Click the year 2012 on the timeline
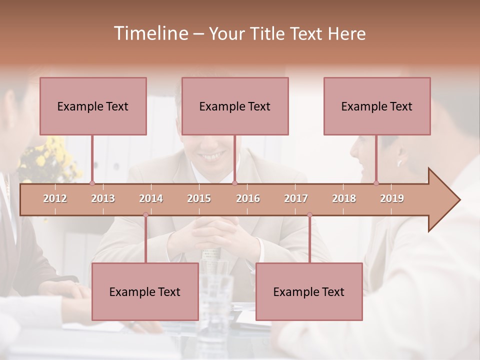point(55,198)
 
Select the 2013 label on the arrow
point(103,198)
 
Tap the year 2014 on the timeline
point(151,198)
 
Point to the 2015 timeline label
point(199,198)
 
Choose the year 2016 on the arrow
point(248,198)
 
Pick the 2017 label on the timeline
point(296,198)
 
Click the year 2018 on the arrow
point(344,198)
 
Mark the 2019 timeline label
point(392,198)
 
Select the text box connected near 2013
point(93,106)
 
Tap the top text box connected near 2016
point(235,106)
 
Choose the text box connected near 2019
point(377,106)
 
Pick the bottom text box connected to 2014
point(145,291)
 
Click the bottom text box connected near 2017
point(309,291)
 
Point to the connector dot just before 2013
point(92,183)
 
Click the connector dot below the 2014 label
point(145,214)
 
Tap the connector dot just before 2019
point(376,183)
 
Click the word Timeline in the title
point(150,33)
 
